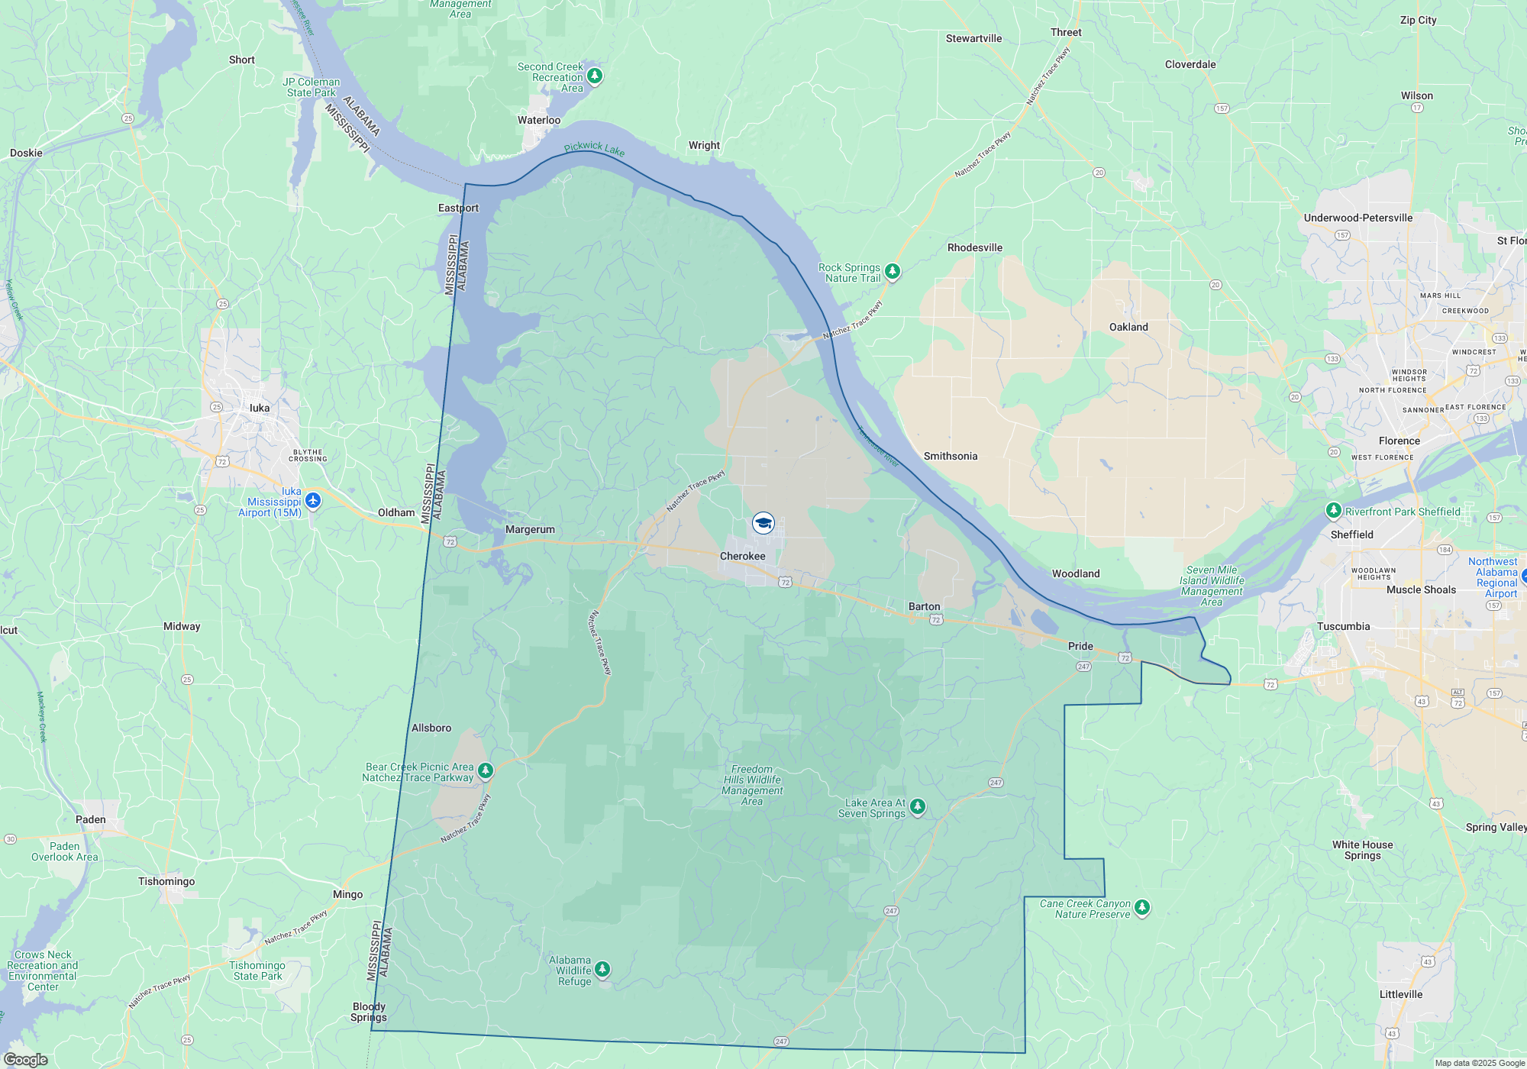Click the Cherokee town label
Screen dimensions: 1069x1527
[x=742, y=556]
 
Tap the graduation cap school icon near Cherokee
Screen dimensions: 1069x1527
[x=763, y=523]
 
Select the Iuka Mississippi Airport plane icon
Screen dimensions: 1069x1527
[x=313, y=501]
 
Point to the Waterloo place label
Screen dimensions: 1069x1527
[x=539, y=120]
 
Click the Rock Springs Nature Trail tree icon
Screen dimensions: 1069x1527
[x=892, y=271]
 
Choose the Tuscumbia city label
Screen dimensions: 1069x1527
[x=1343, y=626]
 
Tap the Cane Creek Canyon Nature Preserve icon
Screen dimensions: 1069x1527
[x=1142, y=907]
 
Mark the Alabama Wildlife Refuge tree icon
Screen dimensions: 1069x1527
[x=602, y=969]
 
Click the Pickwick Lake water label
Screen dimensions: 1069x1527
[x=594, y=148]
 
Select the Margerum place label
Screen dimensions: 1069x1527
[x=530, y=529]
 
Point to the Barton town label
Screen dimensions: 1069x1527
[x=924, y=606]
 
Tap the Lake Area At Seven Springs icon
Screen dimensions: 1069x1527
[x=918, y=806]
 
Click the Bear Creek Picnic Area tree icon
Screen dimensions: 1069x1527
[x=486, y=770]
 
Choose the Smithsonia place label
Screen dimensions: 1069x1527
[x=951, y=456]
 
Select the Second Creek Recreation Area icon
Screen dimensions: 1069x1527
[x=595, y=76]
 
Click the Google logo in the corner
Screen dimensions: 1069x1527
[x=26, y=1059]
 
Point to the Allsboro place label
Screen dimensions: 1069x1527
[x=431, y=728]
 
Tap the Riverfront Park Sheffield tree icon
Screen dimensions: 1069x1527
[x=1333, y=510]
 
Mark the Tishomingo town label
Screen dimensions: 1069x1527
[x=166, y=881]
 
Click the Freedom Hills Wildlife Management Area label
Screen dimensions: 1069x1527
[x=752, y=785]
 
